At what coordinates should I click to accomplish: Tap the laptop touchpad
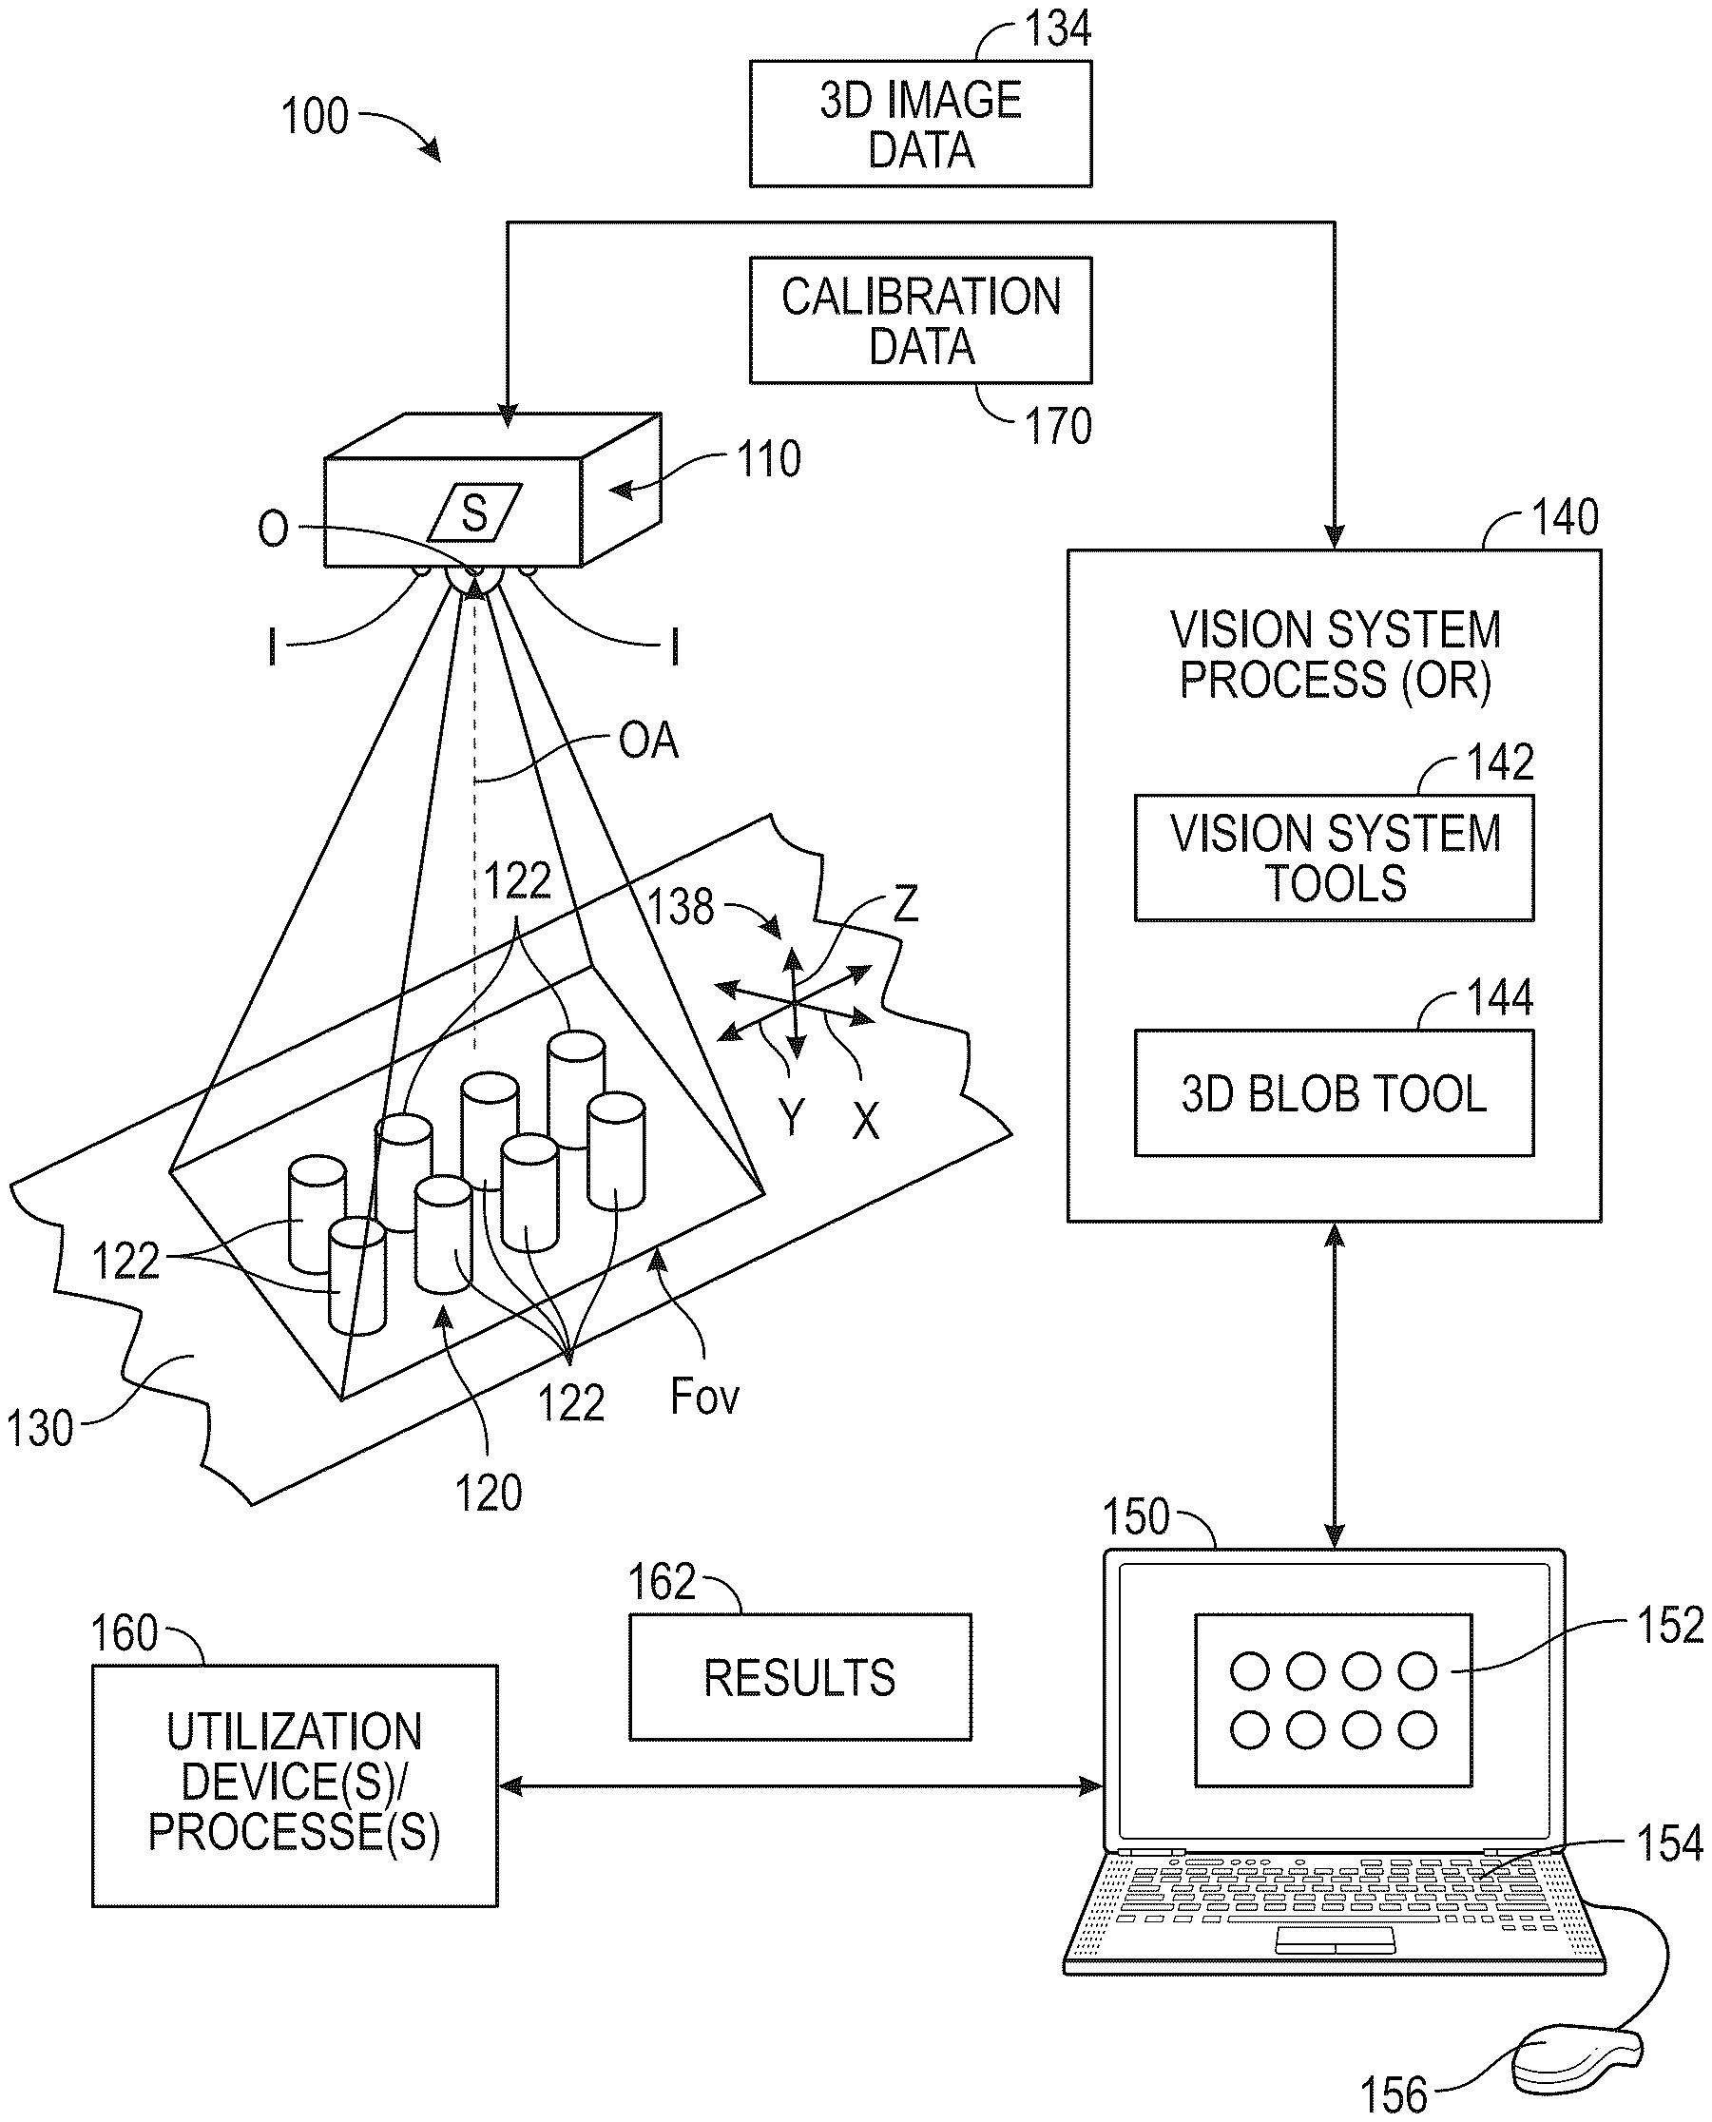click(x=1336, y=1939)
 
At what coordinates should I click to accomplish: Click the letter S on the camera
click(x=474, y=512)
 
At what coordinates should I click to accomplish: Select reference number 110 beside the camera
click(x=769, y=459)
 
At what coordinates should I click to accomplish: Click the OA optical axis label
click(x=648, y=741)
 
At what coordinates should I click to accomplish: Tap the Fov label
click(x=704, y=1397)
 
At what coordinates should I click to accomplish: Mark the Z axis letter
click(x=905, y=903)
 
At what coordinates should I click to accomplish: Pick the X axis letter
click(x=865, y=1121)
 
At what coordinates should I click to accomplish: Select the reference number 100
click(x=315, y=116)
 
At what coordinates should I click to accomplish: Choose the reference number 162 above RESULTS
click(x=662, y=1583)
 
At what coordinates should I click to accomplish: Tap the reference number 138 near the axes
click(x=681, y=907)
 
